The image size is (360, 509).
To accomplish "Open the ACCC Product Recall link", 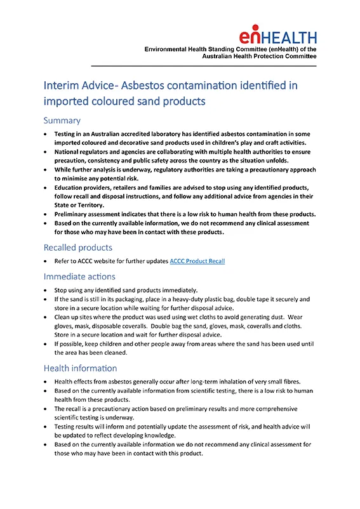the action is [197, 261].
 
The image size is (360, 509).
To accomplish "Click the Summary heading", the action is [62, 120].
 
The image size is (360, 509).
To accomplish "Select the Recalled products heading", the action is [78, 247].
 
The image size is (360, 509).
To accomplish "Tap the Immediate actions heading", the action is [79, 276].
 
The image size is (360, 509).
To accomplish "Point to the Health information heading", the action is [80, 367].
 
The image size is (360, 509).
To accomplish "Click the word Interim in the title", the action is [62, 85].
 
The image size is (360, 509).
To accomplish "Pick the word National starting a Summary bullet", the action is [70, 152].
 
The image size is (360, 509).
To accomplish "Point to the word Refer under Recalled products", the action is [63, 261].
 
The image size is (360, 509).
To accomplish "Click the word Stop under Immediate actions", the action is [62, 290].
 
